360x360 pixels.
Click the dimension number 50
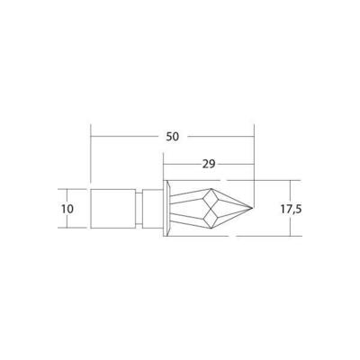(x=173, y=137)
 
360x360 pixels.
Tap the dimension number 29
(x=209, y=166)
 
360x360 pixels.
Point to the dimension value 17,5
(x=291, y=209)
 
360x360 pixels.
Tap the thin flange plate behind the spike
(x=165, y=209)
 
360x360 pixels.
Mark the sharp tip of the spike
(x=253, y=209)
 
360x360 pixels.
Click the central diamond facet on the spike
(x=211, y=209)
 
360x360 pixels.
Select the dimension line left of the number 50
(x=126, y=137)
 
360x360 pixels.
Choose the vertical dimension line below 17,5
(x=290, y=225)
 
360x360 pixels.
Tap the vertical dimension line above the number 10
(x=67, y=195)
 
